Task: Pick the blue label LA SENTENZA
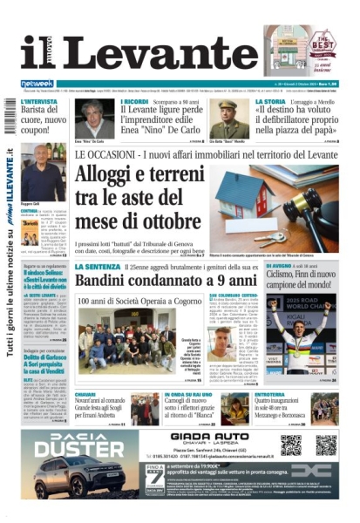coord(96,266)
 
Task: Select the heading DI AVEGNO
coord(278,266)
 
